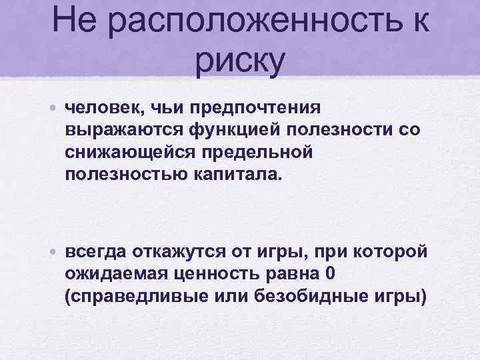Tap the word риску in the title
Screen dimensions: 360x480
(240, 60)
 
